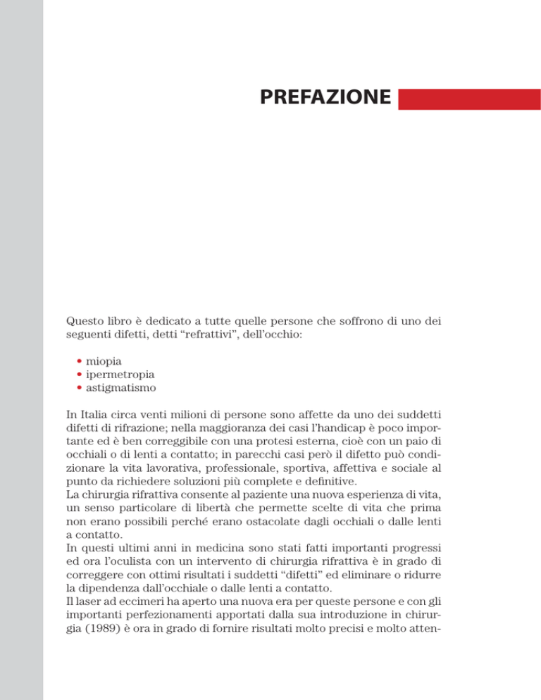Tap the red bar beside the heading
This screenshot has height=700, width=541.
tap(469, 99)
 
